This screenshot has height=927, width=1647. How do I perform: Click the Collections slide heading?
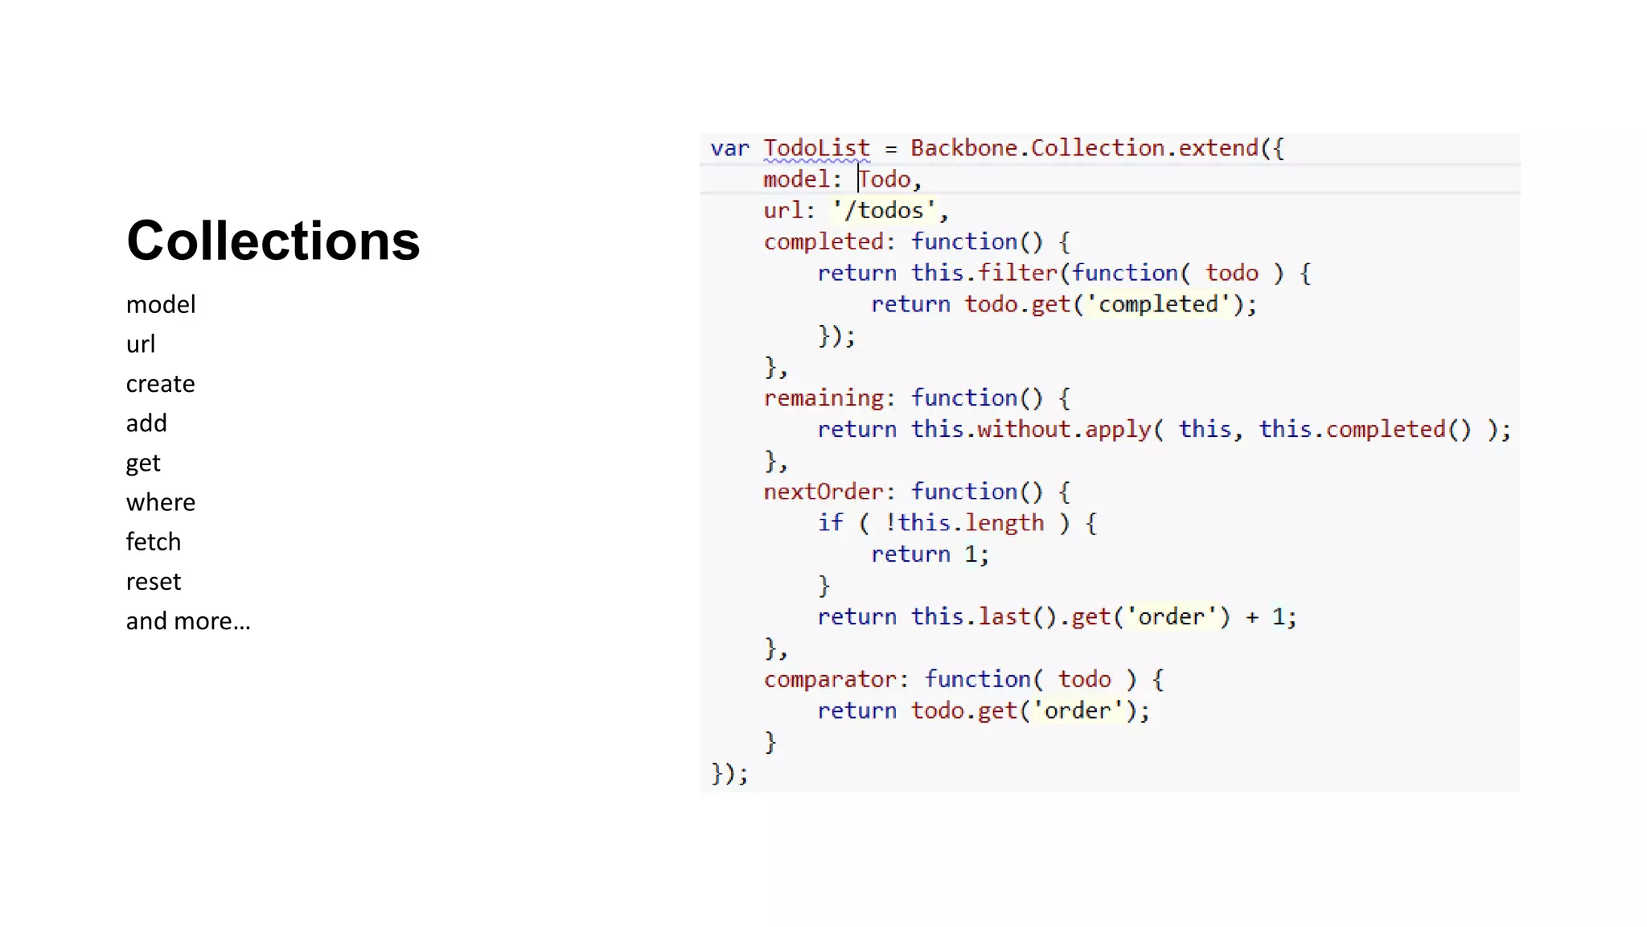point(273,241)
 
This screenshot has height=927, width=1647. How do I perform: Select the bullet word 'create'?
point(160,384)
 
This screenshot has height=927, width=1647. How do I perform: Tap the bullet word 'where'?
point(161,502)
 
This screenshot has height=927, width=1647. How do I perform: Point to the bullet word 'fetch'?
point(153,542)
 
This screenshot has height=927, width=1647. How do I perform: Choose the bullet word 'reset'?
point(153,581)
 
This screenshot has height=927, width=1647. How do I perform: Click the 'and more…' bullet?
point(188,621)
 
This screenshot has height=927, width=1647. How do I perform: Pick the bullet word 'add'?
point(146,423)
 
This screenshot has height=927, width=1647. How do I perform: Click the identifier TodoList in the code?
point(816,148)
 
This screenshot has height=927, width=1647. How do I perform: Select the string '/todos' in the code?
point(884,211)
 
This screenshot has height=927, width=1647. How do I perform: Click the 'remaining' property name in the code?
point(823,398)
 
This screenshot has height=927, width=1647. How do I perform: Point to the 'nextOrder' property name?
point(823,492)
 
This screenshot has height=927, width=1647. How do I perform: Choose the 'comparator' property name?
point(830,679)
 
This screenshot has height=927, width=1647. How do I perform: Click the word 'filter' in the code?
point(1017,273)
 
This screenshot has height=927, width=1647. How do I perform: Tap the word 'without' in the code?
point(1024,429)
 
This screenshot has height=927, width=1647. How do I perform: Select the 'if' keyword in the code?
point(830,523)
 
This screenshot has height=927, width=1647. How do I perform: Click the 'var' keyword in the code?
point(729,148)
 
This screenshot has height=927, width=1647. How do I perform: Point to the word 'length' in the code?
point(1004,523)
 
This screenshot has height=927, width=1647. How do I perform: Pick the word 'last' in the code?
point(1004,616)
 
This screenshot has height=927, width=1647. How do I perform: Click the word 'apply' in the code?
point(1118,429)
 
